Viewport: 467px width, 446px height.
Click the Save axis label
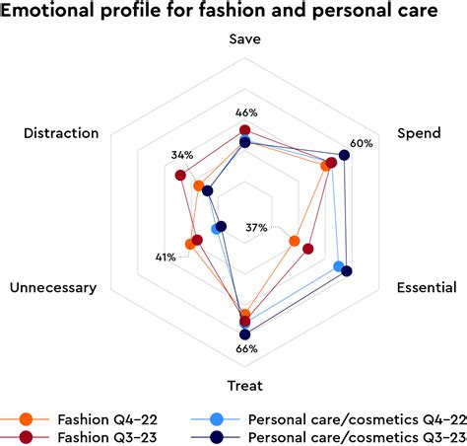pos(244,40)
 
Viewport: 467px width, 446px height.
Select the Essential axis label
pos(426,288)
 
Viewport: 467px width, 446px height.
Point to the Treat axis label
pos(245,385)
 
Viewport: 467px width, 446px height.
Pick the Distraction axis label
pos(61,133)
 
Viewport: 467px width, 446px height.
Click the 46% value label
pos(245,112)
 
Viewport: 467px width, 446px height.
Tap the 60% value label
pos(361,143)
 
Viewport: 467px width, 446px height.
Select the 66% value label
pos(246,348)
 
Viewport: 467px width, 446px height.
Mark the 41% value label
pos(165,258)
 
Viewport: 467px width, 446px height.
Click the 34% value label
pos(181,155)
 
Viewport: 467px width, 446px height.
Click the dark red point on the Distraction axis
pos(180,176)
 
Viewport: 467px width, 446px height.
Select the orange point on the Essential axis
pos(294,241)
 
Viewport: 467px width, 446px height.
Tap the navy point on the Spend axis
pos(344,154)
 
